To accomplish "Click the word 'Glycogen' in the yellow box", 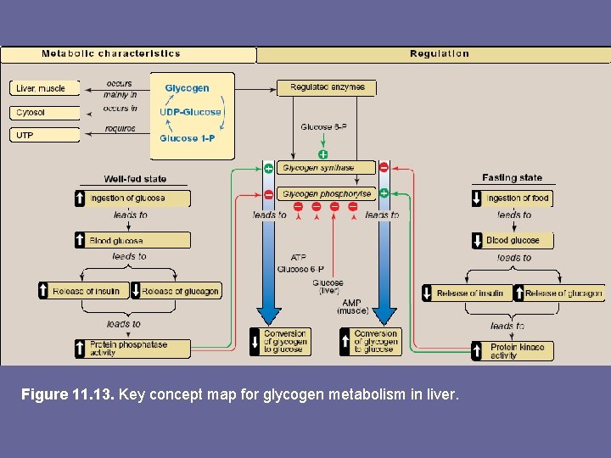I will coord(187,88).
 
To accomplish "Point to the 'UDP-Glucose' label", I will coord(190,112).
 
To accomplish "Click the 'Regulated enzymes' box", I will coord(327,87).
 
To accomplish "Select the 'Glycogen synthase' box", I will coord(327,168).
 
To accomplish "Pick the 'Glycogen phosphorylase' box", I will coord(327,194).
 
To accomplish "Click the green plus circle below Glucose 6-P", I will coord(322,154).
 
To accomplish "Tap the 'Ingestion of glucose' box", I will coord(132,198).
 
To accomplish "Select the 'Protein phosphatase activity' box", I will coord(132,349).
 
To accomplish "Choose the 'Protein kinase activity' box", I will coord(513,350).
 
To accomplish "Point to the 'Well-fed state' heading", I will coord(135,179).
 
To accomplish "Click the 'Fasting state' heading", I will coord(512,178).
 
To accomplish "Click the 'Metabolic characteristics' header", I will coord(111,53).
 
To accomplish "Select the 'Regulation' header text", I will coord(439,53).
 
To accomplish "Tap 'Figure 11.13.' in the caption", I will coord(68,394).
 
